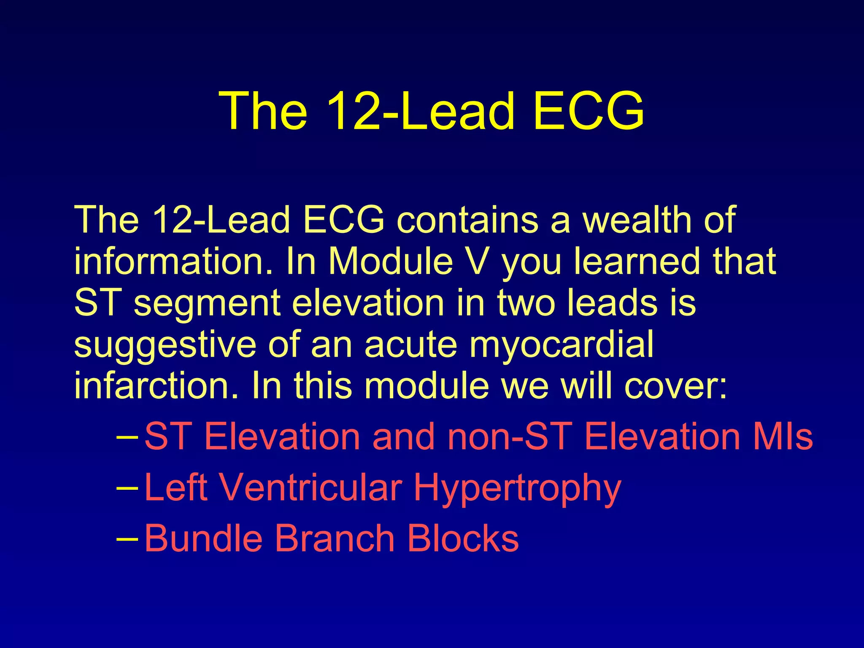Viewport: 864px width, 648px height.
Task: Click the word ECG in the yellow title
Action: pos(588,111)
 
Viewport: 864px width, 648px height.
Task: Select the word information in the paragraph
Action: pos(173,261)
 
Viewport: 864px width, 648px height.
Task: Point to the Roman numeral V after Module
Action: pos(478,261)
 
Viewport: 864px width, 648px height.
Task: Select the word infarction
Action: pos(157,386)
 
